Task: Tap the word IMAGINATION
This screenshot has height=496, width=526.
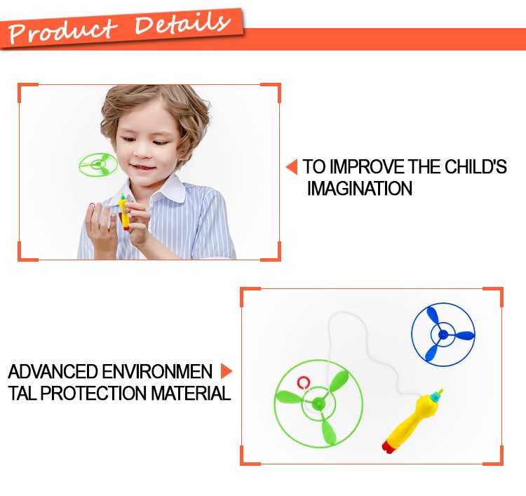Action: [x=359, y=188]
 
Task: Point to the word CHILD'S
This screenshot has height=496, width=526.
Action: [x=476, y=166]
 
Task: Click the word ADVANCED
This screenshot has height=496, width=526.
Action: [x=53, y=372]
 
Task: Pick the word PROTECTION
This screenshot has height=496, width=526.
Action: [x=93, y=393]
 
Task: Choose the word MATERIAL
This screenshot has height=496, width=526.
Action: [x=191, y=393]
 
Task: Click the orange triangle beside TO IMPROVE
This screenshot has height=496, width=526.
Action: [x=292, y=167]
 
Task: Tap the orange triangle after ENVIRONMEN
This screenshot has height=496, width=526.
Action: [x=227, y=371]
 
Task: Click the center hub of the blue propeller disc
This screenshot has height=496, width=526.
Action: [x=443, y=334]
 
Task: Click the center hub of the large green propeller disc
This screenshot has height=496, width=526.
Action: [x=317, y=403]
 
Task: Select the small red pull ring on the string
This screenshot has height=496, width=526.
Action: [x=302, y=382]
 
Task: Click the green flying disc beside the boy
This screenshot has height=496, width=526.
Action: [x=98, y=165]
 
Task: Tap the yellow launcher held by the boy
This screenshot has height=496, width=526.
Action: [x=124, y=212]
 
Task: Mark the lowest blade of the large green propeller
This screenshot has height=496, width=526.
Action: [x=328, y=432]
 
